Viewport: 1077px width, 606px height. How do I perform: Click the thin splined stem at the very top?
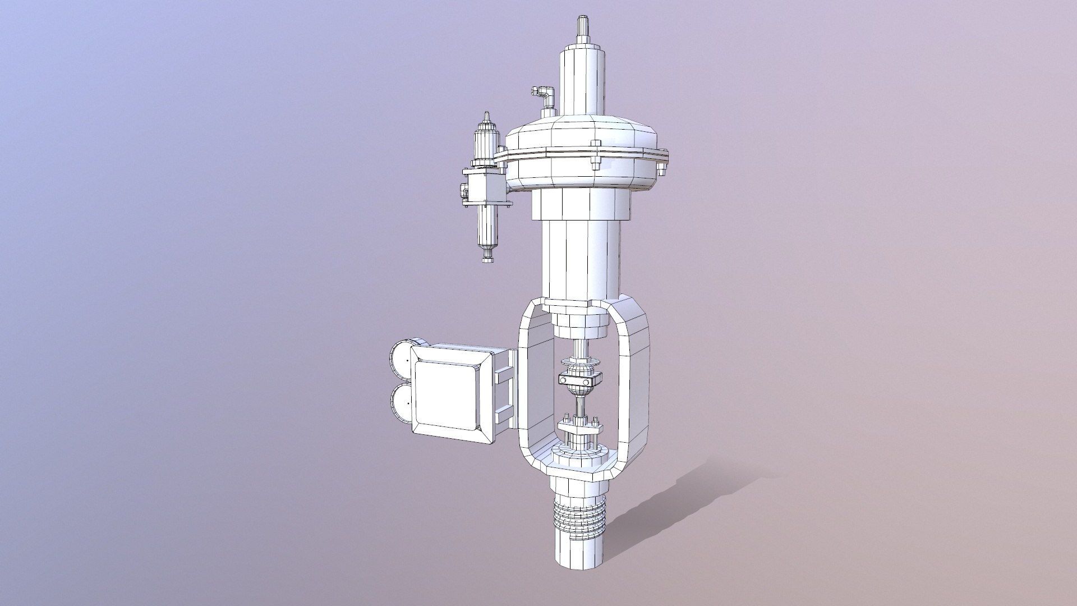pos(583,28)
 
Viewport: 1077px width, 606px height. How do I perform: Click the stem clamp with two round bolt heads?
pos(580,380)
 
